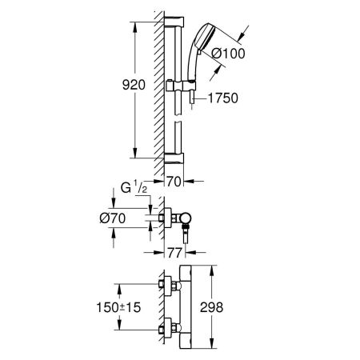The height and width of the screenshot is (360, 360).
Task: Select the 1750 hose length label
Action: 222,99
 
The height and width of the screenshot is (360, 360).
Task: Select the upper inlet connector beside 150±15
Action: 168,286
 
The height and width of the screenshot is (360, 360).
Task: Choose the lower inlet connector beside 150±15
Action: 168,328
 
